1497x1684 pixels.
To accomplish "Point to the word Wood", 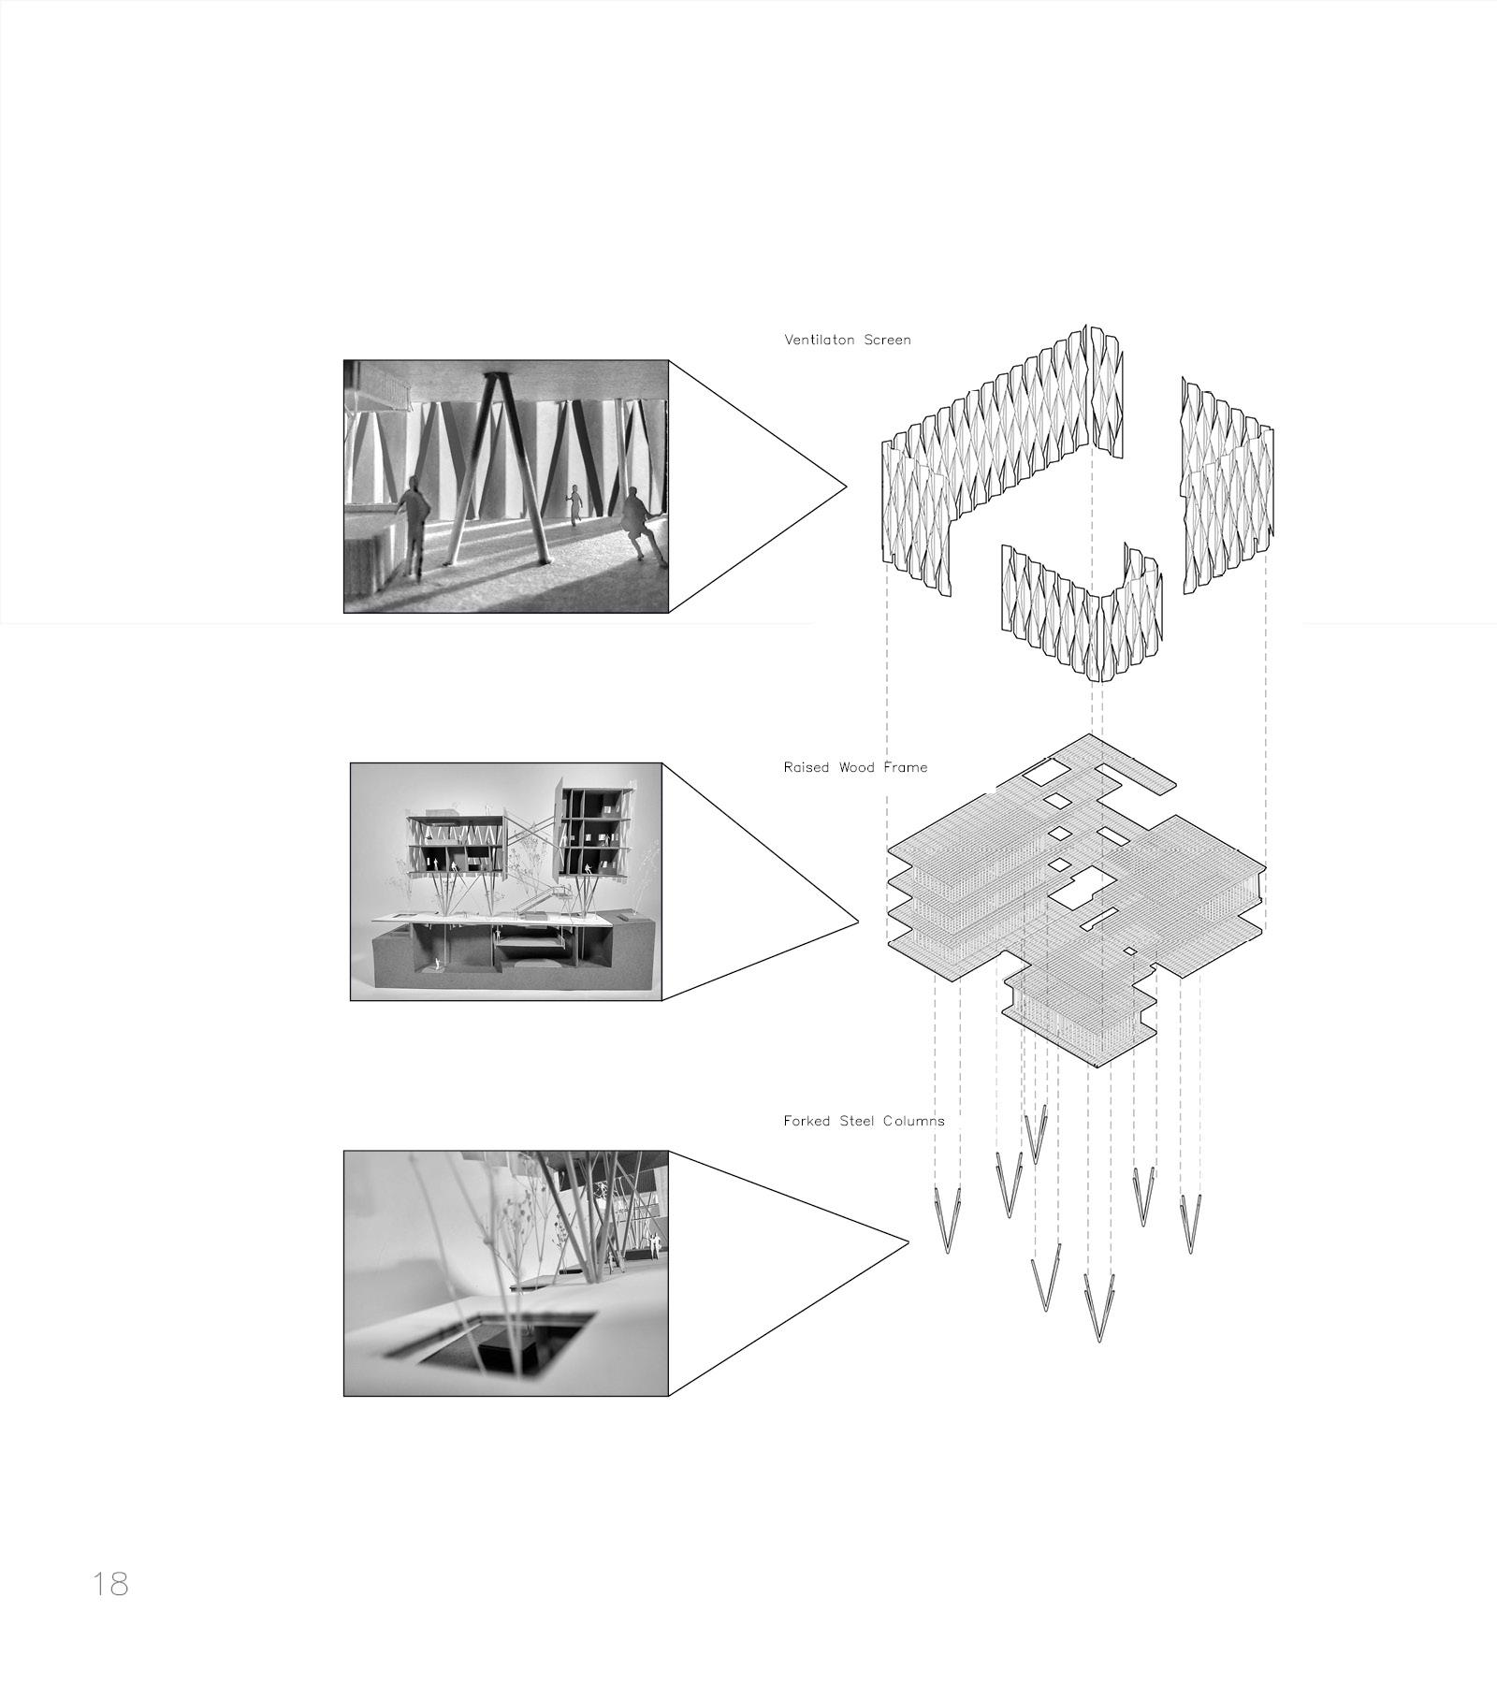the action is (x=855, y=767).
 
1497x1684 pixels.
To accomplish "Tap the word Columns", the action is (x=915, y=1121).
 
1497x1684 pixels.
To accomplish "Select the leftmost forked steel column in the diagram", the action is (x=948, y=1221).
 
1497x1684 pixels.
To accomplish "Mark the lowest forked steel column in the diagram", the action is (x=1099, y=1310).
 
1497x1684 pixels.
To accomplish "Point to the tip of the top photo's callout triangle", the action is (x=847, y=486).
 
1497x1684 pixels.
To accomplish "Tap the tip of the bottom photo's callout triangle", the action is (x=908, y=1243).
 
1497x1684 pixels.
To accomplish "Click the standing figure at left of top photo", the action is (x=412, y=525).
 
